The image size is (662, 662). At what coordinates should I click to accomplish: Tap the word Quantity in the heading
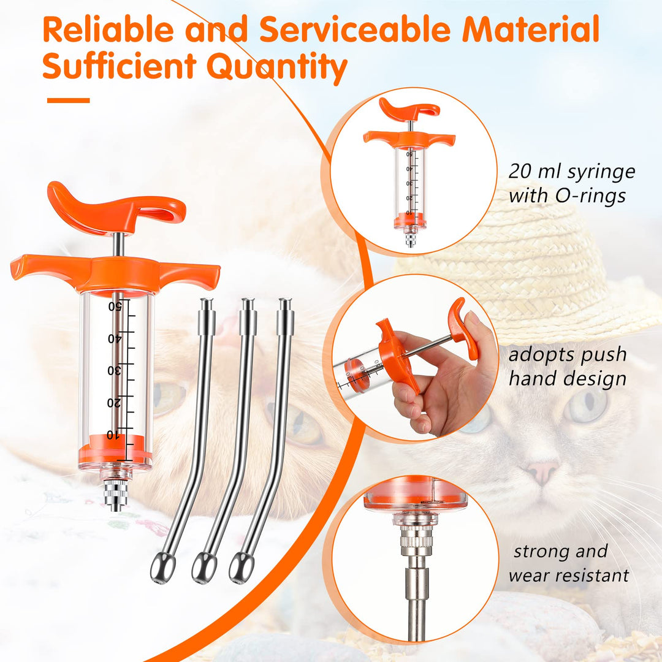[277, 67]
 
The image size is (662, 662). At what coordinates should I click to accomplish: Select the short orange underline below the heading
[69, 101]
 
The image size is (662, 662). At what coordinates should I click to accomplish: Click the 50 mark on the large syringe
[115, 306]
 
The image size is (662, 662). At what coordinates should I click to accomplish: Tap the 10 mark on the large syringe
[113, 435]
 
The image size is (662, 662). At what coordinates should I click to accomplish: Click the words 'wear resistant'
[568, 576]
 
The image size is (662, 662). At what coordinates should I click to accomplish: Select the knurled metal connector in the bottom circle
[417, 542]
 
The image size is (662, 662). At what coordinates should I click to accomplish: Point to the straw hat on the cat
[536, 270]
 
